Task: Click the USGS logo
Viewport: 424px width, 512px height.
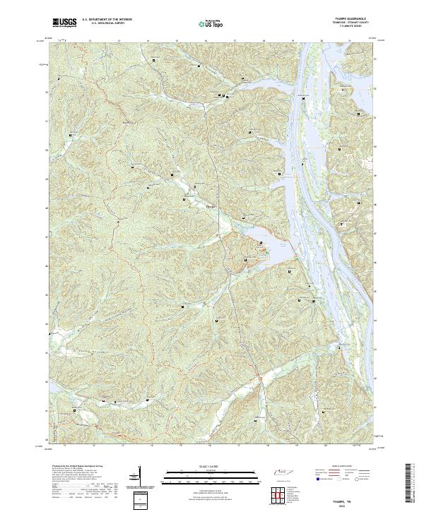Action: coord(64,23)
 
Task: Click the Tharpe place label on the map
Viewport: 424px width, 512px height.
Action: coord(210,206)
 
